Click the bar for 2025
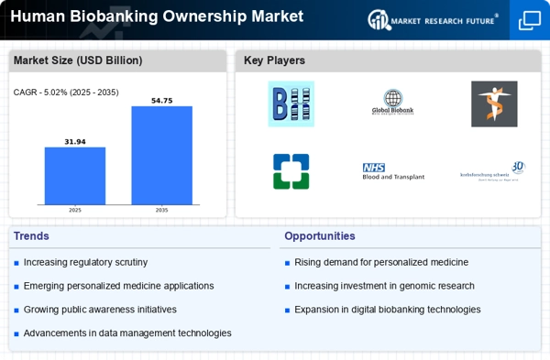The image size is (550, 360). tap(75, 176)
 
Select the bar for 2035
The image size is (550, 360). tap(161, 155)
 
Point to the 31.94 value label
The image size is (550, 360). tap(75, 141)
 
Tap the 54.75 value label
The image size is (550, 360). tap(161, 100)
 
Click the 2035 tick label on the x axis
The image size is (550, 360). tap(161, 210)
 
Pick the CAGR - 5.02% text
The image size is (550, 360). tap(66, 93)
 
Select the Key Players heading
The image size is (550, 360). tap(274, 61)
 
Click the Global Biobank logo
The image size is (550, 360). tap(393, 103)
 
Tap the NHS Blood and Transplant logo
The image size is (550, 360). tap(393, 171)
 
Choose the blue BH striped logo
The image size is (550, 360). tap(291, 104)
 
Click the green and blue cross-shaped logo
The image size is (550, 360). tap(291, 171)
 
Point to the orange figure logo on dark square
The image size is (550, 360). tap(494, 104)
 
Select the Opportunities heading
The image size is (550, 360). tap(321, 236)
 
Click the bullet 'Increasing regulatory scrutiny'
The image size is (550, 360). tap(85, 263)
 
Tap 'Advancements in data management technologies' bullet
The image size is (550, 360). tap(127, 333)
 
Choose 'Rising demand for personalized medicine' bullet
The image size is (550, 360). tap(381, 263)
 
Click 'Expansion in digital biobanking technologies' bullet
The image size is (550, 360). tap(388, 310)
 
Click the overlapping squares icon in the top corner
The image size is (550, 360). tap(530, 20)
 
